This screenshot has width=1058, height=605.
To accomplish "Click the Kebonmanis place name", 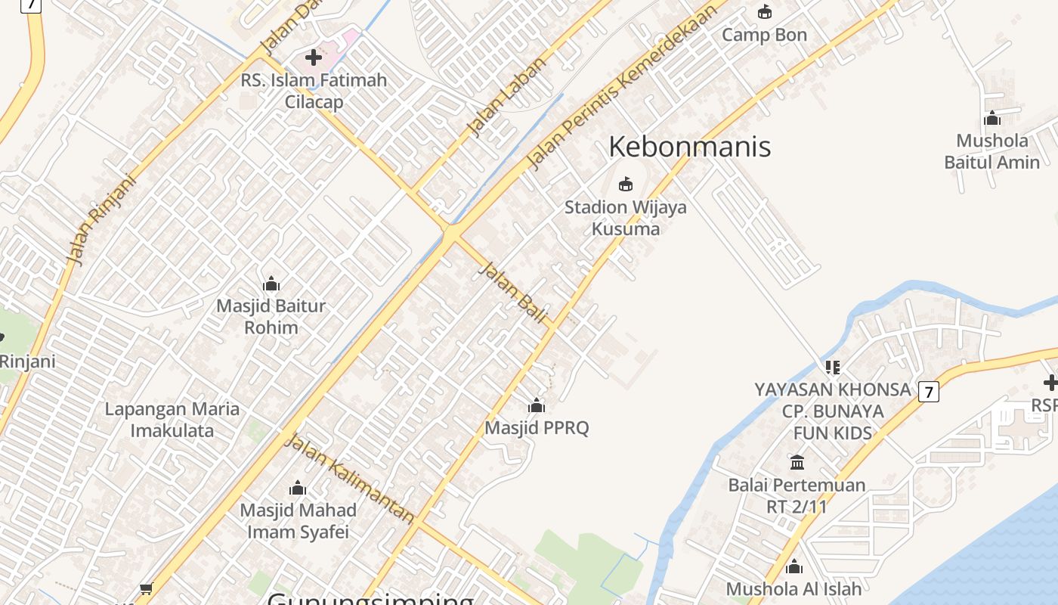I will point(689,146).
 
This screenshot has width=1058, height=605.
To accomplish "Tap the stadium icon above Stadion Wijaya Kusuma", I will point(626,184).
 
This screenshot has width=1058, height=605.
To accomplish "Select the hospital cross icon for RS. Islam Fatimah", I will point(314,57).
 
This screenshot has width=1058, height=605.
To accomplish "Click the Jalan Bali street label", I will point(512,293).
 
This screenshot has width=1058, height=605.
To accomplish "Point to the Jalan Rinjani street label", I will point(101,220).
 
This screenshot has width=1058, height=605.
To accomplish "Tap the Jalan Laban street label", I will point(506,96).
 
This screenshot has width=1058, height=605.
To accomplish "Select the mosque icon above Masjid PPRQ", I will point(537,406).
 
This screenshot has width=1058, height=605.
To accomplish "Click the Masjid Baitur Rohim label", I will point(271,317).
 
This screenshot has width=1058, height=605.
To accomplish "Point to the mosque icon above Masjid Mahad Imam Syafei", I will point(298,488).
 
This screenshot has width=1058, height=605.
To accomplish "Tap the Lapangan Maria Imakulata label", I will point(172,420).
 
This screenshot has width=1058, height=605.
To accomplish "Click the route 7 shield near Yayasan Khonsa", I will point(929,392).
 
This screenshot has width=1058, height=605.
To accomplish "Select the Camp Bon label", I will point(764,35).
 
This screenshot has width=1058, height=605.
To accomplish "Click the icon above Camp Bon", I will point(765,12).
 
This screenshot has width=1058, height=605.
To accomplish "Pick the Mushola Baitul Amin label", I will point(991,151).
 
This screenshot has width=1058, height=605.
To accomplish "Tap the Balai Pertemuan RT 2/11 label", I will point(797,495).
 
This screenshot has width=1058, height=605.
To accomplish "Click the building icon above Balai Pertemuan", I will point(797,462).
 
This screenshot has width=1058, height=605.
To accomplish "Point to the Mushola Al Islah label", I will point(793,588).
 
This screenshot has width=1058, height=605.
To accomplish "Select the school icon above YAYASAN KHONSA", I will point(833,368).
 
